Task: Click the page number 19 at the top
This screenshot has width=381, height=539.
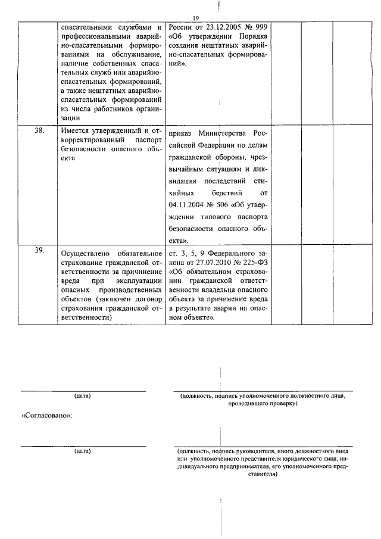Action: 195,19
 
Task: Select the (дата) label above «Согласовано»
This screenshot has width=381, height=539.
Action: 83,396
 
